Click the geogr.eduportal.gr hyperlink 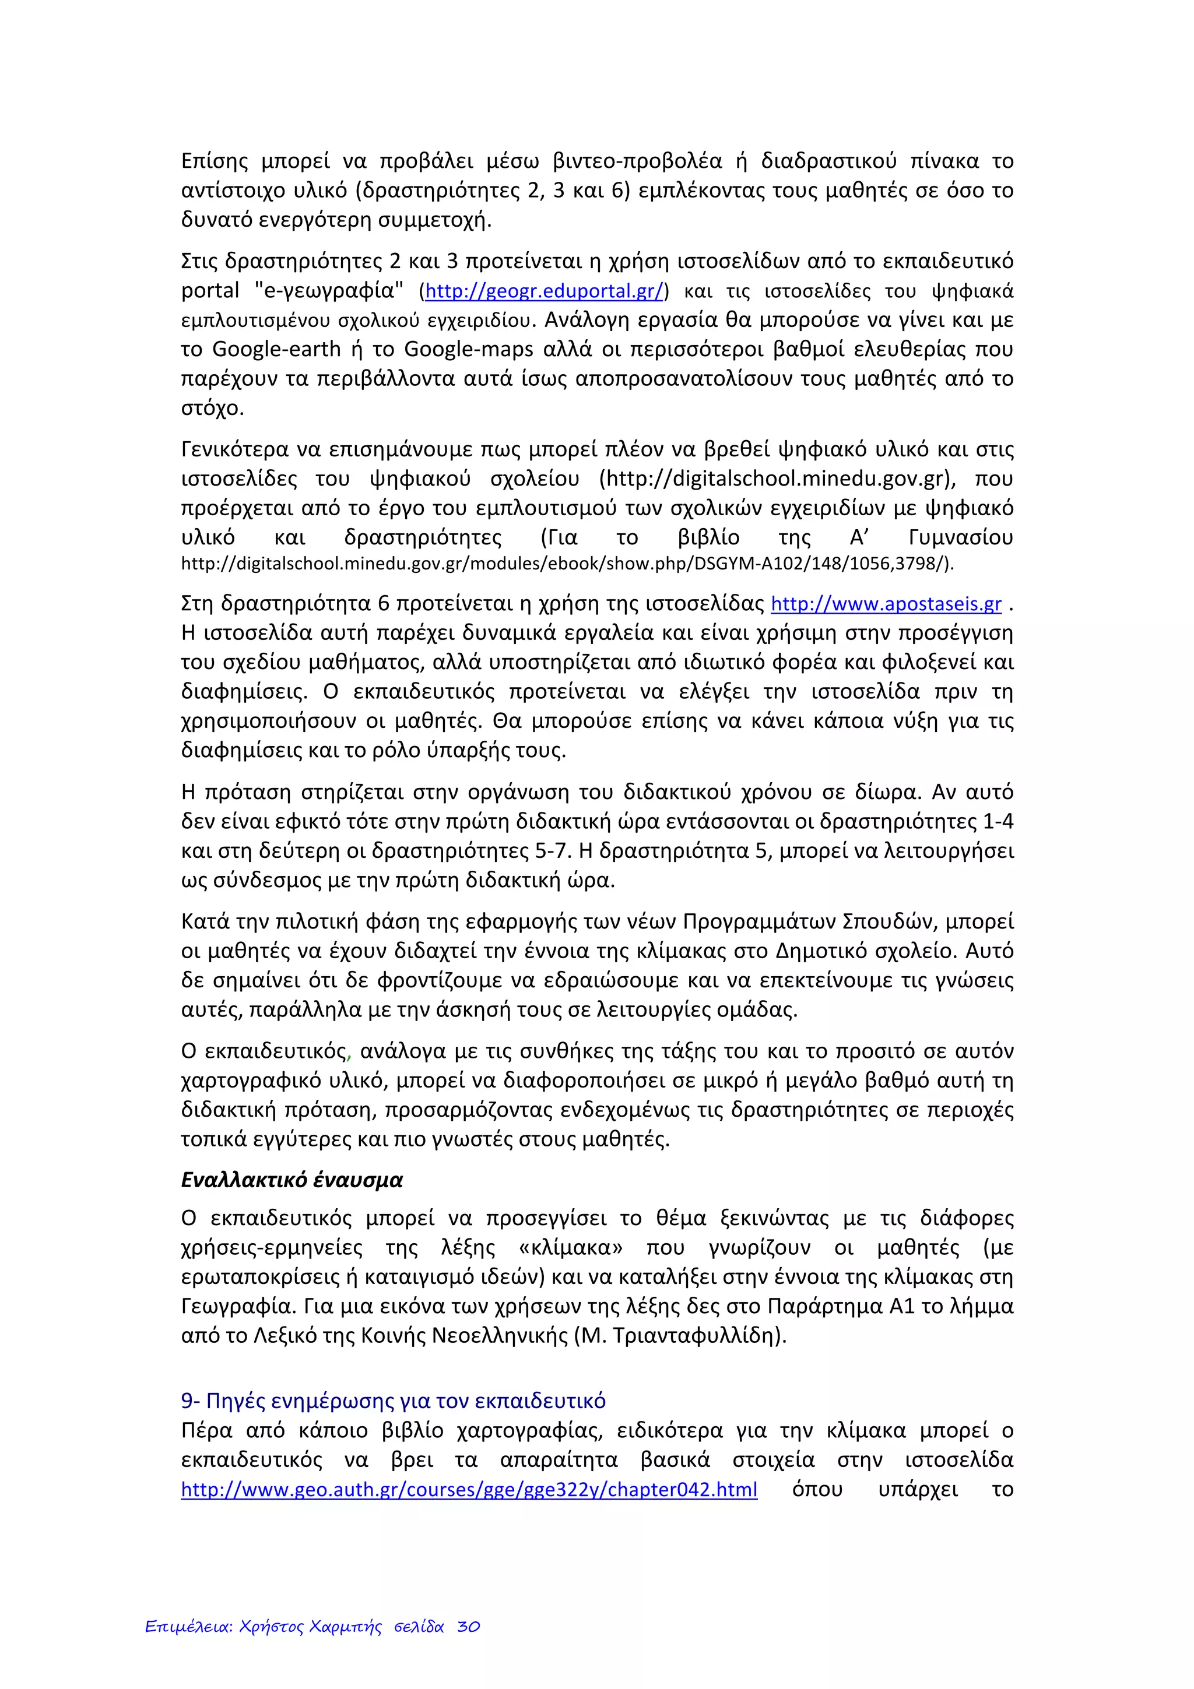click(x=545, y=291)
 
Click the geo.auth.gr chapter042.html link click(x=469, y=1490)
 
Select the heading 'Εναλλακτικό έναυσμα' click(x=292, y=1180)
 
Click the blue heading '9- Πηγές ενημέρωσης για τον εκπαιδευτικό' click(x=393, y=1401)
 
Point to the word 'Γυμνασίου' click(x=960, y=538)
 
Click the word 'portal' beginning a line click(x=210, y=291)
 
